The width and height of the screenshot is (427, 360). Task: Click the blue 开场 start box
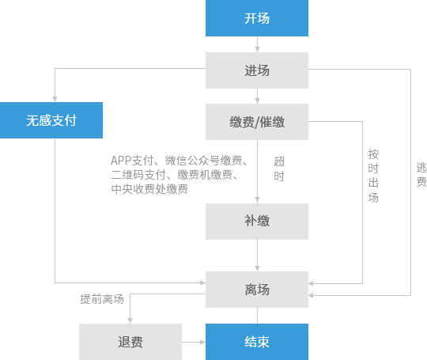point(257,18)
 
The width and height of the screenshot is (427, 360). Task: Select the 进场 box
point(257,70)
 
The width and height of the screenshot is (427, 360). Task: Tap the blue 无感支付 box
point(51,120)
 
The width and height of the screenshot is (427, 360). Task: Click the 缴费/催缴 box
point(257,122)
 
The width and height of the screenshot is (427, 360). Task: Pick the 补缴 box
point(257,222)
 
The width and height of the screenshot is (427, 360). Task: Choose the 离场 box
point(257,290)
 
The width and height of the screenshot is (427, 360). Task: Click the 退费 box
point(130,342)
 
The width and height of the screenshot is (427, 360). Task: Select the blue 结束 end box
point(257,342)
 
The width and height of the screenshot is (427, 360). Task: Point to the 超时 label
point(279,169)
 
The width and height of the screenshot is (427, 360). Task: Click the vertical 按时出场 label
point(373,176)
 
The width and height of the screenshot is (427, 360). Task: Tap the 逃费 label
point(421,175)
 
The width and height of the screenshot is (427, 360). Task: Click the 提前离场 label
point(102,299)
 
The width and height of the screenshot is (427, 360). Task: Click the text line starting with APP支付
point(179,161)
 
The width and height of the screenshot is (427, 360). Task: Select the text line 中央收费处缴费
point(149,189)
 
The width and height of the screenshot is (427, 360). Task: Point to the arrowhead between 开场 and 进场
point(257,49)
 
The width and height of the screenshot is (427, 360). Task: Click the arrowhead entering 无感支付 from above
point(55,99)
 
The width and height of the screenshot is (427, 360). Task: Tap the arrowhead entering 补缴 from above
point(257,200)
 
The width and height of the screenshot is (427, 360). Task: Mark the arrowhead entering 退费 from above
point(130,320)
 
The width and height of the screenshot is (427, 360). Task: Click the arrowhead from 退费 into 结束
point(202,342)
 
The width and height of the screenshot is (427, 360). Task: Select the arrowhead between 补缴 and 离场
point(257,268)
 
